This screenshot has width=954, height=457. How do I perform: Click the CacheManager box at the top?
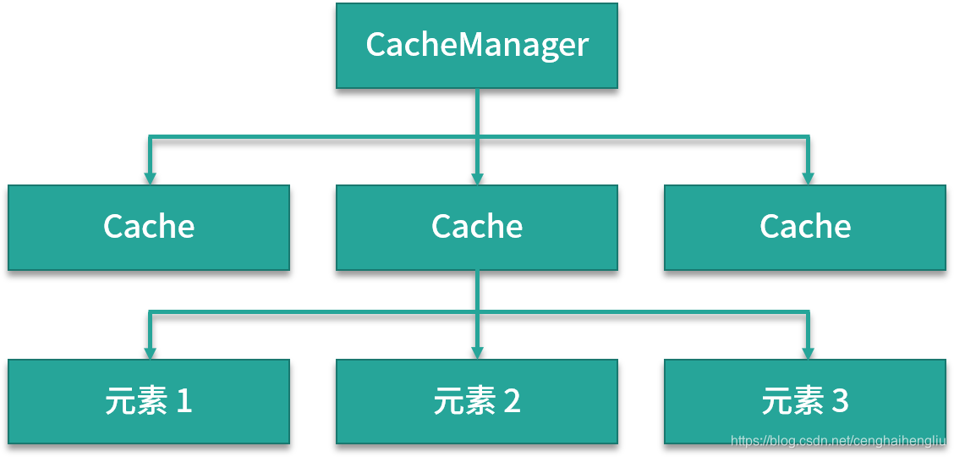(x=476, y=46)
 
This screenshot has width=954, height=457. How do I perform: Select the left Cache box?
(x=149, y=228)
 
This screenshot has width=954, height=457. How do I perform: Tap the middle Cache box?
(x=476, y=228)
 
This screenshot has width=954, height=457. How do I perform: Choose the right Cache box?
(x=804, y=228)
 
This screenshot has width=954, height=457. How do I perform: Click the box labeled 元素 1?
(x=149, y=401)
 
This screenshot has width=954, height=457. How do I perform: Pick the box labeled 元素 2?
(x=476, y=401)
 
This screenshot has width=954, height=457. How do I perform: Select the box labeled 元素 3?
(x=804, y=401)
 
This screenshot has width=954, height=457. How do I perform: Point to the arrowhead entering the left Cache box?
(x=150, y=179)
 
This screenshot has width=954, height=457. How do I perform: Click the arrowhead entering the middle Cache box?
(x=477, y=179)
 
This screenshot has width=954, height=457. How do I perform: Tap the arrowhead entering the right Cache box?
(x=808, y=179)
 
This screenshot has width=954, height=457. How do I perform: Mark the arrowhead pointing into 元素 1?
(x=150, y=352)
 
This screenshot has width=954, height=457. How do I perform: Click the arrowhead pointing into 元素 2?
(x=477, y=352)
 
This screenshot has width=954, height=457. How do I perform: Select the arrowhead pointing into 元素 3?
(x=808, y=352)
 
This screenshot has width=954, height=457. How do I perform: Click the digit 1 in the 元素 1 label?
(x=184, y=401)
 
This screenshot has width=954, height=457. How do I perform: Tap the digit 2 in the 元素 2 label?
(x=512, y=401)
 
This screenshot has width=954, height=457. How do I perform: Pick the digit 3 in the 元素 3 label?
(x=840, y=401)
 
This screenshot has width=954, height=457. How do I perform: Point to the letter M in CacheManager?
(x=476, y=45)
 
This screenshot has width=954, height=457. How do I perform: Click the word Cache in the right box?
(x=805, y=227)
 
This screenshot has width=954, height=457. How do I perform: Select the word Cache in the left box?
(x=149, y=227)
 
